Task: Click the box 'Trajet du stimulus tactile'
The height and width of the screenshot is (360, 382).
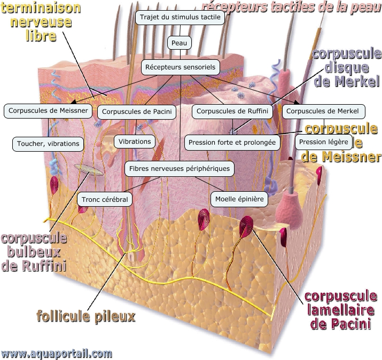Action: coord(180,17)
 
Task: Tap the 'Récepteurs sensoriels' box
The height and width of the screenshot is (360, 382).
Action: coord(180,67)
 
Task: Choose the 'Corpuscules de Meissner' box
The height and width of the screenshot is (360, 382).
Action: coord(47,111)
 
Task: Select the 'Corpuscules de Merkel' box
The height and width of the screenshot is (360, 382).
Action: coord(324,111)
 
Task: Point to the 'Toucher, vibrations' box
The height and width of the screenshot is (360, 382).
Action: coord(48,143)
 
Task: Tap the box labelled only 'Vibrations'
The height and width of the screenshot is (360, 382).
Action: coord(135,142)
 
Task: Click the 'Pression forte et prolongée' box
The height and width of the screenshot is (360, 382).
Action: coord(232,143)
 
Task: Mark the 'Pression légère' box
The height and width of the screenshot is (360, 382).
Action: coord(324,142)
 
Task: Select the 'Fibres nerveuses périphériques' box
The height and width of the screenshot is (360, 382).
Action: coord(180,169)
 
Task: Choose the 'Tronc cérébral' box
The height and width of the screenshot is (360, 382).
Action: coord(105,199)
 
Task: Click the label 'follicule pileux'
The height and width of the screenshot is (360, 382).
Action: coord(85,316)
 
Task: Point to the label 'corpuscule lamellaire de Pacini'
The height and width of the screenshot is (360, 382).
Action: coord(341,310)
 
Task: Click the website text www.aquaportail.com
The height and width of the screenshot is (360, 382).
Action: coord(57,353)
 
